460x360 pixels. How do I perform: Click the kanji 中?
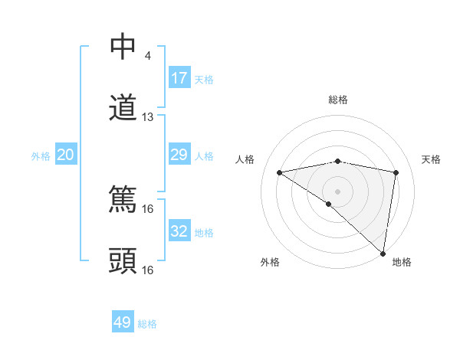[123, 47]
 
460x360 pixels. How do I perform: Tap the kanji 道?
[123, 107]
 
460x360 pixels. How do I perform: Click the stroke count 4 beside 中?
[147, 56]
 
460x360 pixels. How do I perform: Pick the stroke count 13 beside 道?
[148, 117]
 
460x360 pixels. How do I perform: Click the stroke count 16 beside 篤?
[148, 208]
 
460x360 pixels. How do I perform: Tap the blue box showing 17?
[179, 77]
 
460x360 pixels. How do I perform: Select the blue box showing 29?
[179, 155]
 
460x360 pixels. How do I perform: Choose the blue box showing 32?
[179, 231]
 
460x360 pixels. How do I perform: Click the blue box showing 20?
[65, 155]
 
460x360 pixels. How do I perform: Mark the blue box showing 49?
[123, 322]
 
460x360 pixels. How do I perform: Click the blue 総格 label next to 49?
[148, 324]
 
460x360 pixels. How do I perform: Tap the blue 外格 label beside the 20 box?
[41, 156]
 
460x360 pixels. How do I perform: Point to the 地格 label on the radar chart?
[402, 262]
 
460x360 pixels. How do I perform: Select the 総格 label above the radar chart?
[338, 100]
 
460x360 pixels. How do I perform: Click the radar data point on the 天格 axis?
[396, 172]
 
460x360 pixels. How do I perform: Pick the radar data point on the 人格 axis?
[280, 172]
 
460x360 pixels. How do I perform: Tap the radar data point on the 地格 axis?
[383, 253]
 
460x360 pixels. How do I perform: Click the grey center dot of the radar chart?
[338, 191]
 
